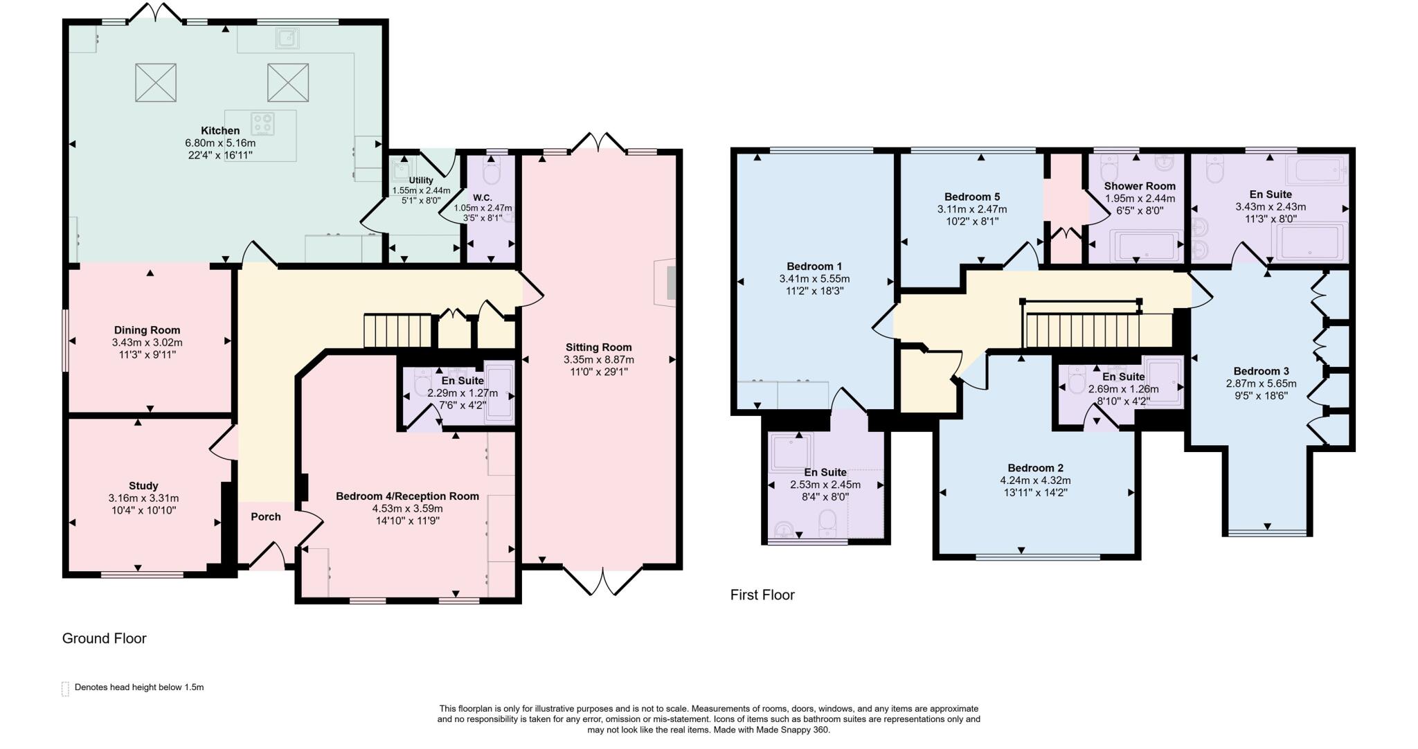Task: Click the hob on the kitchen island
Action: pyautogui.click(x=263, y=124)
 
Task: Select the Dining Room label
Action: pyautogui.click(x=147, y=330)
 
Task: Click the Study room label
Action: pyautogui.click(x=143, y=486)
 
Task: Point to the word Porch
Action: pyautogui.click(x=266, y=516)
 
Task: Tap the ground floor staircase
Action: pyautogui.click(x=397, y=331)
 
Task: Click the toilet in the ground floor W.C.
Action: pyautogui.click(x=492, y=170)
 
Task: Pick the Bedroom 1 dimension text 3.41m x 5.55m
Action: pyautogui.click(x=814, y=279)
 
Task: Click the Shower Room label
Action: pyautogui.click(x=1140, y=186)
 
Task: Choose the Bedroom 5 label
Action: pyautogui.click(x=972, y=197)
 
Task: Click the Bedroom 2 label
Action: pyautogui.click(x=1035, y=468)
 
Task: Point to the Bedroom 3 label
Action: pyautogui.click(x=1261, y=371)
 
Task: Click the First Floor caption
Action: pyautogui.click(x=762, y=595)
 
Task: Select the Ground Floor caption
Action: pyautogui.click(x=105, y=638)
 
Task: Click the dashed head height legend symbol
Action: pyautogui.click(x=65, y=688)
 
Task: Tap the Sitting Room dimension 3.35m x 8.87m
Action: pyautogui.click(x=599, y=360)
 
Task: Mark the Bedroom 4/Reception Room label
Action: pyautogui.click(x=407, y=496)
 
